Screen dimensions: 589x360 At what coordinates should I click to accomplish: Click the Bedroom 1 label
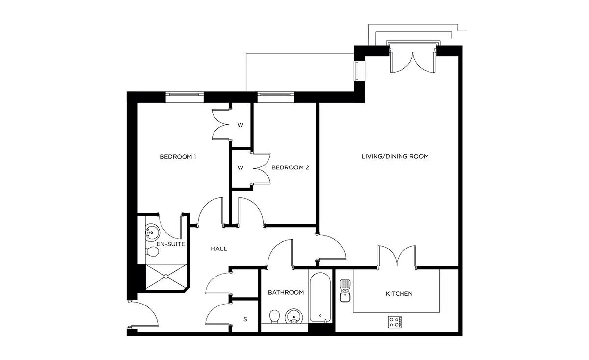click(x=178, y=157)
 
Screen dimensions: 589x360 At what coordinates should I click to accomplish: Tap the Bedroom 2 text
click(x=290, y=167)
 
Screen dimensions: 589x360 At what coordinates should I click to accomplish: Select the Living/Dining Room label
click(x=395, y=156)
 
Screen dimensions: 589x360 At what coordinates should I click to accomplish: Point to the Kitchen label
click(x=399, y=293)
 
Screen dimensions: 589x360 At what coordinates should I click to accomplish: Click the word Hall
click(x=219, y=249)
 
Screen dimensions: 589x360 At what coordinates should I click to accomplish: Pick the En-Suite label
click(x=171, y=244)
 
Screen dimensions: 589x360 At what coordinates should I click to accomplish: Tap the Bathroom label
click(x=286, y=292)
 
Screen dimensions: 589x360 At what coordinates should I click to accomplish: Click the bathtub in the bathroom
click(x=320, y=297)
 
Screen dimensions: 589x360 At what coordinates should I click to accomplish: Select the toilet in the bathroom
click(x=274, y=317)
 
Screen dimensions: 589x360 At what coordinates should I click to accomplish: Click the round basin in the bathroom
click(x=294, y=317)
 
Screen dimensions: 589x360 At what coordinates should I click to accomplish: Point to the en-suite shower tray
click(x=166, y=277)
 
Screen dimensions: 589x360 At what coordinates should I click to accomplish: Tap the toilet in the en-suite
click(x=152, y=252)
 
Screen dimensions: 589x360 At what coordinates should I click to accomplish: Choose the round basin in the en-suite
click(x=152, y=233)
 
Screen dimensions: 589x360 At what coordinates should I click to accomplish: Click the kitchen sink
click(x=345, y=291)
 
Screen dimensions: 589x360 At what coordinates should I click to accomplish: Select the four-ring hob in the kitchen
click(x=395, y=322)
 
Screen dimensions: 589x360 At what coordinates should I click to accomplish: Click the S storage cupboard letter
click(x=245, y=319)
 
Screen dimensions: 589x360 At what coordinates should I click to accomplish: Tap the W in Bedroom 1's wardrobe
click(x=241, y=125)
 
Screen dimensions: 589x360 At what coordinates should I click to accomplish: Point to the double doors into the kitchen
click(x=397, y=256)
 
